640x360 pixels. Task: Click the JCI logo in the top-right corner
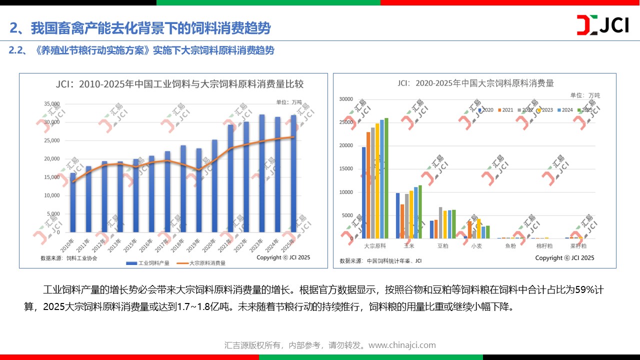(602, 25)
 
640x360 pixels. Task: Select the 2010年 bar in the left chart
(73, 202)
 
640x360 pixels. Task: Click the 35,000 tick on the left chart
(52, 104)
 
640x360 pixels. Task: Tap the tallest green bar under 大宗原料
(386, 178)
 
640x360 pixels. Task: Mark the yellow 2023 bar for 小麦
(479, 228)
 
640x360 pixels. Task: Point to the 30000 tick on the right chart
(345, 99)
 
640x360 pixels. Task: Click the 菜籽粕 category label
(578, 246)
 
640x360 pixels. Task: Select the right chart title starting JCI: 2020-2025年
(475, 83)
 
